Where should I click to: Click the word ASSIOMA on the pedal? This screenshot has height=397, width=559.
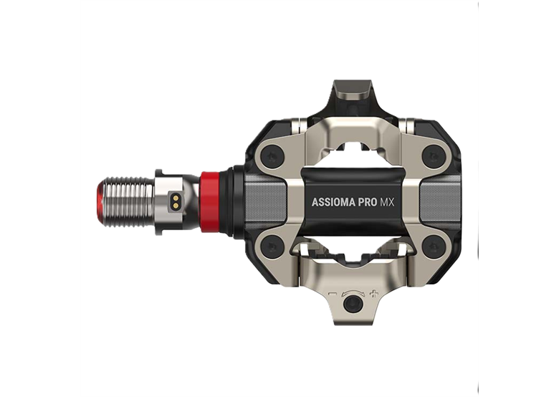336,202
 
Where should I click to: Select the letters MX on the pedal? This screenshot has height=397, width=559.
387,202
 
